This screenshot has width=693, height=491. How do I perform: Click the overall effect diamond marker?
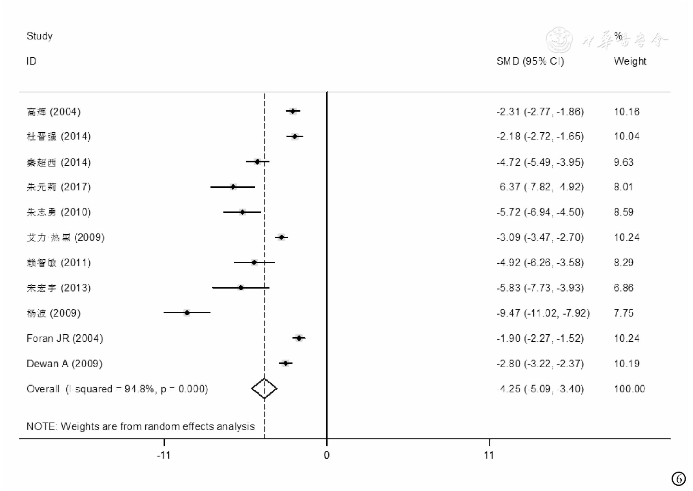coord(264,388)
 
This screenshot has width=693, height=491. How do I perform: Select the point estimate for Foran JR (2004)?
coord(299,338)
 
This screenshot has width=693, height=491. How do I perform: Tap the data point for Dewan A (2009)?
coord(285,364)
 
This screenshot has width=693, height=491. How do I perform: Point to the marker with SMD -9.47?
coord(187,313)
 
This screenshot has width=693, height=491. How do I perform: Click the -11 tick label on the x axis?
coord(164,455)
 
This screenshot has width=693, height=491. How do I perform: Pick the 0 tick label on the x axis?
coord(327,455)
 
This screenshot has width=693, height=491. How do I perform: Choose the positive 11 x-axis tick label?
coord(489,455)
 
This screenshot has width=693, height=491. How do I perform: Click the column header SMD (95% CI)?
coord(530,61)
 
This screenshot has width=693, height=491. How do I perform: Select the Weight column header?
coord(630,61)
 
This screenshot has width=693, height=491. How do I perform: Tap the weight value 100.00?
coord(629,389)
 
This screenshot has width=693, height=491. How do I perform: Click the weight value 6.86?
coord(623,288)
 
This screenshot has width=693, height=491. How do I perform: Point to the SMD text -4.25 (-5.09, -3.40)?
coord(540,389)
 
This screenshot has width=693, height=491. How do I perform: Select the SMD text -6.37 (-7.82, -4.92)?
coord(540,187)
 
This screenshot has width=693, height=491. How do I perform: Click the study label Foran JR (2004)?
coord(65,338)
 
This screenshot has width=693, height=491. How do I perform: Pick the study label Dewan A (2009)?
coord(65,364)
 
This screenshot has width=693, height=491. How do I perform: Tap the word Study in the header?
coord(40,36)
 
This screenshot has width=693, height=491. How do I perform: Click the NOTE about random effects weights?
coord(140,426)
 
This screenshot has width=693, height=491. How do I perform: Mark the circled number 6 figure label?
coord(678,479)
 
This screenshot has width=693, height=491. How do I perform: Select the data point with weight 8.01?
coord(233,187)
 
